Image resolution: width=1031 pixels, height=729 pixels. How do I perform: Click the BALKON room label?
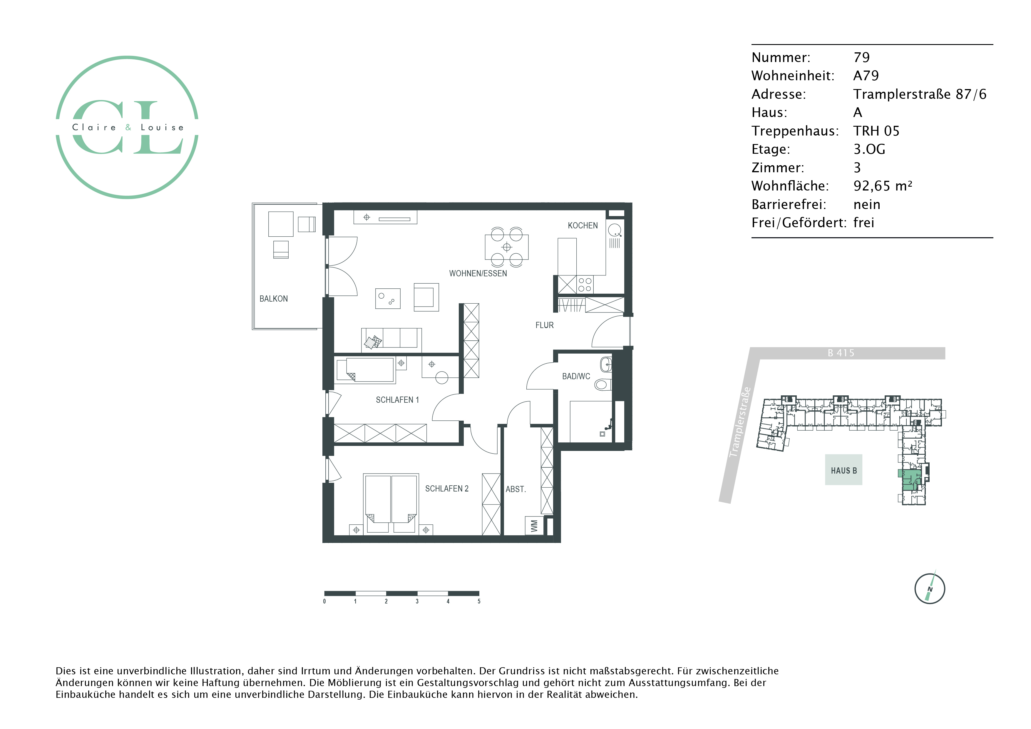pos(273,299)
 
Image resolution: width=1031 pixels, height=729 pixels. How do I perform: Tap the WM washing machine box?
pos(534,526)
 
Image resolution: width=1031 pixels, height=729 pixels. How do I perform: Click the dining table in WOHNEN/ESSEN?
pos(506,247)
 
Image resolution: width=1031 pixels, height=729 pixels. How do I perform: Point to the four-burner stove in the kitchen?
pos(585,284)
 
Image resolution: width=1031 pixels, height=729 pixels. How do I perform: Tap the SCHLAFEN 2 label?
pos(447,489)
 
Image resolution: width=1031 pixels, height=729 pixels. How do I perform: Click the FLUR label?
pos(544,325)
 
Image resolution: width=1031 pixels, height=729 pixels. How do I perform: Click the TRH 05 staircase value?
pos(876,131)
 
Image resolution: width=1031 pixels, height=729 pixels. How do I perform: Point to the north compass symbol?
pos(930,588)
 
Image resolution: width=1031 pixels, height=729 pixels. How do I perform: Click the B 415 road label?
pos(841,353)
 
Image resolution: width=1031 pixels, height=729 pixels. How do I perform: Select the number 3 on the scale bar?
pos(417,601)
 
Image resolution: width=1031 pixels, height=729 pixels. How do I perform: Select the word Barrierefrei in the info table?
pos(789,204)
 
